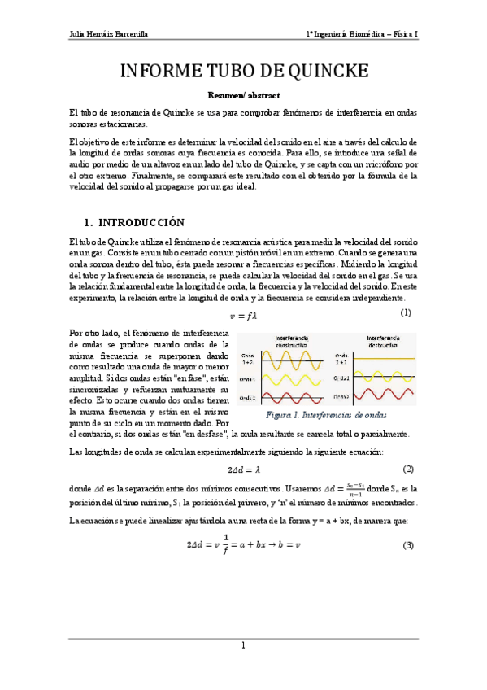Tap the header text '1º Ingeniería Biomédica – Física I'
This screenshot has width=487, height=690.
pos(362,35)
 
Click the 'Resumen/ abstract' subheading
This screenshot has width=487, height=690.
pos(243,95)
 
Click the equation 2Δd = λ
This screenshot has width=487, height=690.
pos(243,469)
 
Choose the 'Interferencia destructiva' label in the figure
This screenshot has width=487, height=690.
pos(375,341)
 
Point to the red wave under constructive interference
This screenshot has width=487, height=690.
pos(285,397)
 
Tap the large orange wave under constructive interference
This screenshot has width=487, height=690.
pos(285,358)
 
